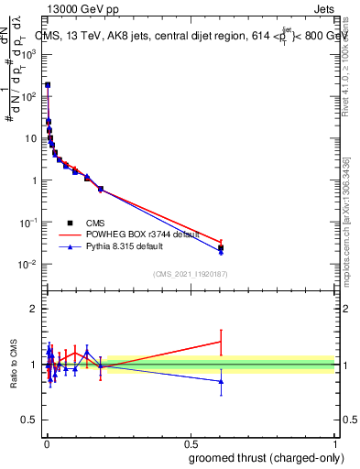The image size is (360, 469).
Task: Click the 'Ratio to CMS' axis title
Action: pyautogui.click(x=14, y=364)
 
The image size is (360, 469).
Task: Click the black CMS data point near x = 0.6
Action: pyautogui.click(x=221, y=247)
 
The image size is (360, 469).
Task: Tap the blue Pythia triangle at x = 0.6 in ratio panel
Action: pyautogui.click(x=221, y=381)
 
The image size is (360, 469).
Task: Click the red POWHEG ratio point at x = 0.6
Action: pyautogui.click(x=221, y=342)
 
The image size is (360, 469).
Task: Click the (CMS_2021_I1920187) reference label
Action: pyautogui.click(x=190, y=274)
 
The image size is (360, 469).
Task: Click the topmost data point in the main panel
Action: pyautogui.click(x=48, y=84)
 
